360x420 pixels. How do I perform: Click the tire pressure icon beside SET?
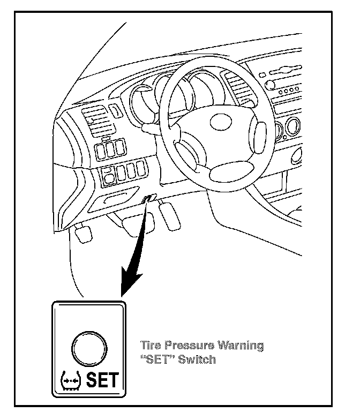(x=70, y=381)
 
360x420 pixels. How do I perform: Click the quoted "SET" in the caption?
(x=156, y=359)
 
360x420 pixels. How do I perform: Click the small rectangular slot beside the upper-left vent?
(x=115, y=111)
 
